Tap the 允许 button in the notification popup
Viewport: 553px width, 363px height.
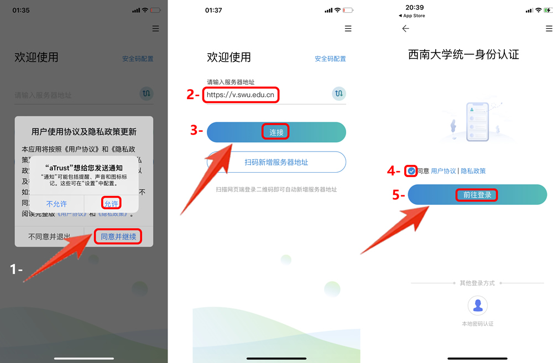pos(112,204)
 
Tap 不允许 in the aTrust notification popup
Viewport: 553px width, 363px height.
pos(56,204)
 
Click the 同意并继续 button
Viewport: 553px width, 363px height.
pos(118,237)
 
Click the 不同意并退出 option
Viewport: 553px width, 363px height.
pos(50,237)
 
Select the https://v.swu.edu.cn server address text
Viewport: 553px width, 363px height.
pos(241,95)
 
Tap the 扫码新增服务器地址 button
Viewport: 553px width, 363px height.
pos(276,162)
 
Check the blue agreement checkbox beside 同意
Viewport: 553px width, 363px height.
pos(411,171)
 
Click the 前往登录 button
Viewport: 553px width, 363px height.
pos(477,195)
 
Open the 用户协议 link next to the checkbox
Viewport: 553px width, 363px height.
pos(444,171)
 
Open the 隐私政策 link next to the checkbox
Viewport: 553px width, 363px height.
pos(473,171)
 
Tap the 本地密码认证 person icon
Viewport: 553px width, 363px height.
pos(477,305)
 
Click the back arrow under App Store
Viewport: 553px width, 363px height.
pos(405,29)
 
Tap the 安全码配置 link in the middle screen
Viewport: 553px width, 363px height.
pos(330,59)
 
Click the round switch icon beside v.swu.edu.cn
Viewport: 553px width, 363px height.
pos(339,94)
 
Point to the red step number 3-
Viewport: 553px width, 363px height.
pos(197,131)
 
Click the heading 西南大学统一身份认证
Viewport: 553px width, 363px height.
pos(463,55)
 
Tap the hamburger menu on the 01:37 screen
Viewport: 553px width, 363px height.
pos(348,29)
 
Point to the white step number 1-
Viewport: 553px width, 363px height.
pos(17,269)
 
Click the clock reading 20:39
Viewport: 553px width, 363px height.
pos(414,7)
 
